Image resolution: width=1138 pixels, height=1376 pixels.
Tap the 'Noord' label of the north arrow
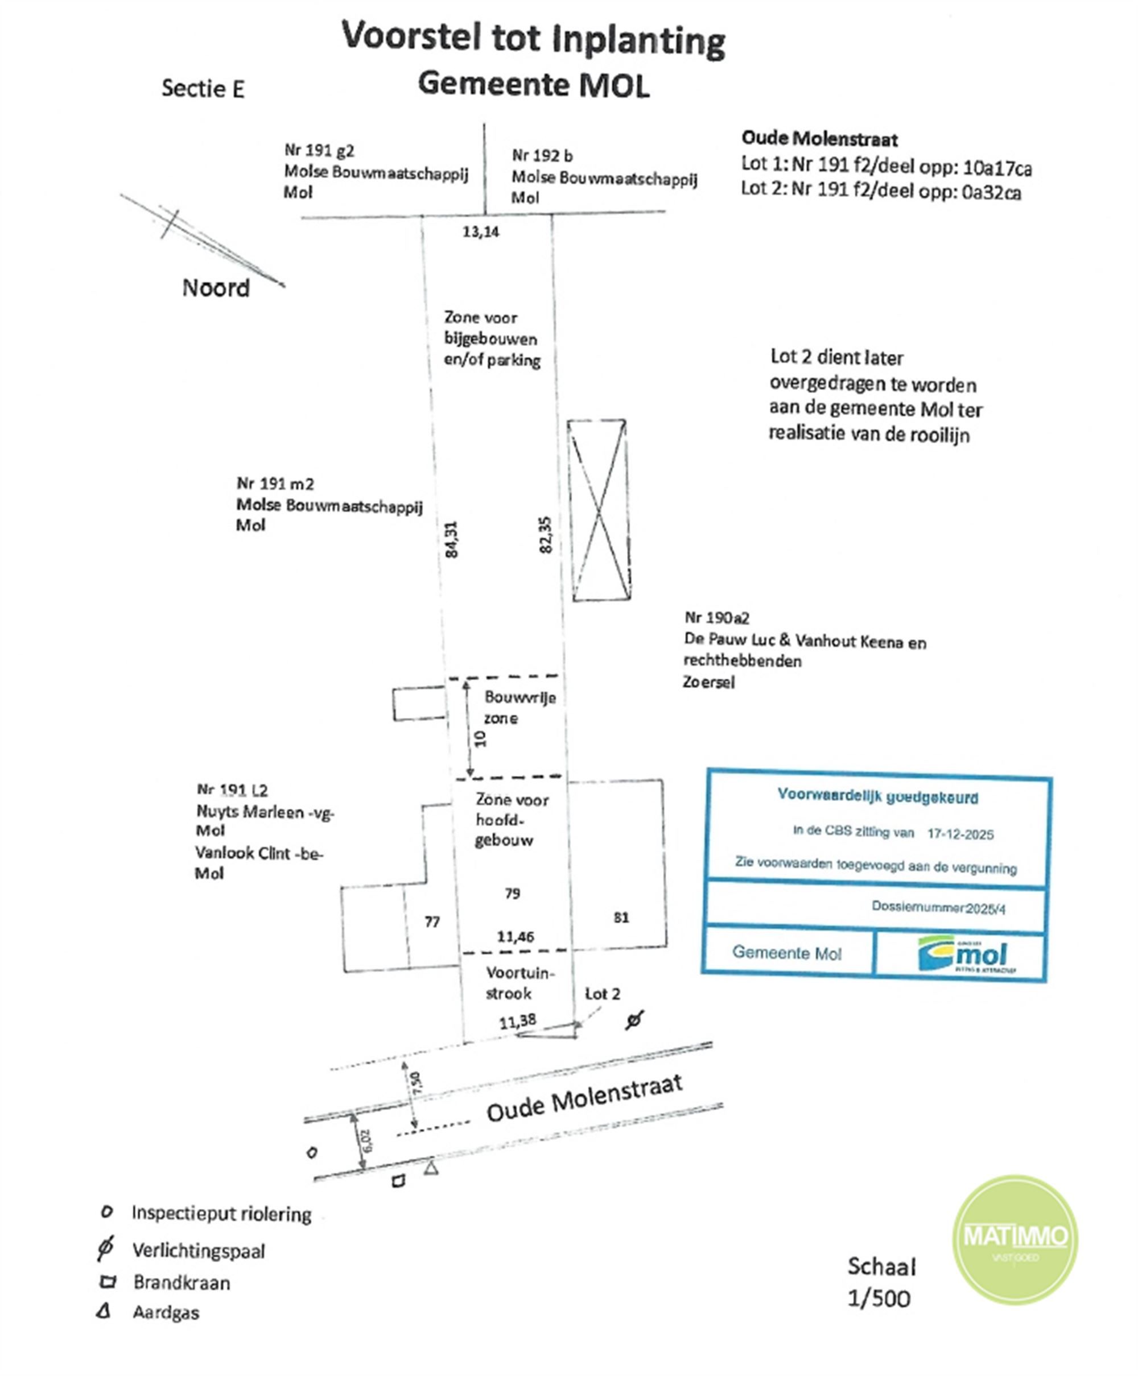pyautogui.click(x=216, y=288)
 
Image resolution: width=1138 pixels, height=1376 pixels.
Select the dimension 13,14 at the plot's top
pyautogui.click(x=480, y=232)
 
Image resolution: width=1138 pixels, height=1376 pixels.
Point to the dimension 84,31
pyautogui.click(x=451, y=539)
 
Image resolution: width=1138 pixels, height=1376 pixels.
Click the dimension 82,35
pyautogui.click(x=545, y=535)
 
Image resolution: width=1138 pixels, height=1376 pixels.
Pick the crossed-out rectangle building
pyautogui.click(x=599, y=510)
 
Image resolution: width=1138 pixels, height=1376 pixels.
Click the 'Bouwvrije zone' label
pyautogui.click(x=519, y=707)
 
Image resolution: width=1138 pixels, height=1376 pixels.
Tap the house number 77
pyautogui.click(x=432, y=922)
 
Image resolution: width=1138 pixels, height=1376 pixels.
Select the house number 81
pyautogui.click(x=621, y=918)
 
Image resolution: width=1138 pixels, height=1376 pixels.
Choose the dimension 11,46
pyautogui.click(x=516, y=936)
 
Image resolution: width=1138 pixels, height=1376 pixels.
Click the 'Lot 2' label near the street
pyautogui.click(x=602, y=994)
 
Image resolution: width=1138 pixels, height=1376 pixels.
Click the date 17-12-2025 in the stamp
pyautogui.click(x=960, y=834)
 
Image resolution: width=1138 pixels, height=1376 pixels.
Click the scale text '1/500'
pyautogui.click(x=879, y=1299)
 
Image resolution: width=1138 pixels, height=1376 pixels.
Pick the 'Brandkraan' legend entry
pyautogui.click(x=182, y=1282)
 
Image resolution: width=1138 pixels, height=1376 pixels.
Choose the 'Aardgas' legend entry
pyautogui.click(x=166, y=1312)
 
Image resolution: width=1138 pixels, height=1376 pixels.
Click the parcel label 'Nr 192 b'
pyautogui.click(x=542, y=155)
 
